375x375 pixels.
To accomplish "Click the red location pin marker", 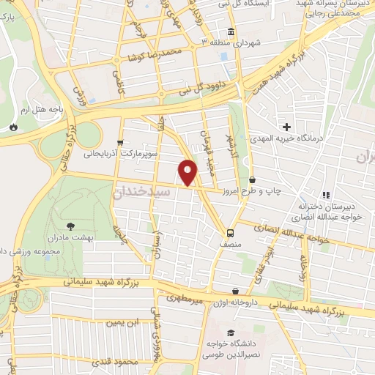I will pos(188,172).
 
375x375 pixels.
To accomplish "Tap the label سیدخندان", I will pos(143,190).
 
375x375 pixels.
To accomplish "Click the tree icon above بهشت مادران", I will pos(71,226).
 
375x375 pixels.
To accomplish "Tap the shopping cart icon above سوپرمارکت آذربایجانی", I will pos(119,143).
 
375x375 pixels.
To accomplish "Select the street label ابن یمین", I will pos(122,322).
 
